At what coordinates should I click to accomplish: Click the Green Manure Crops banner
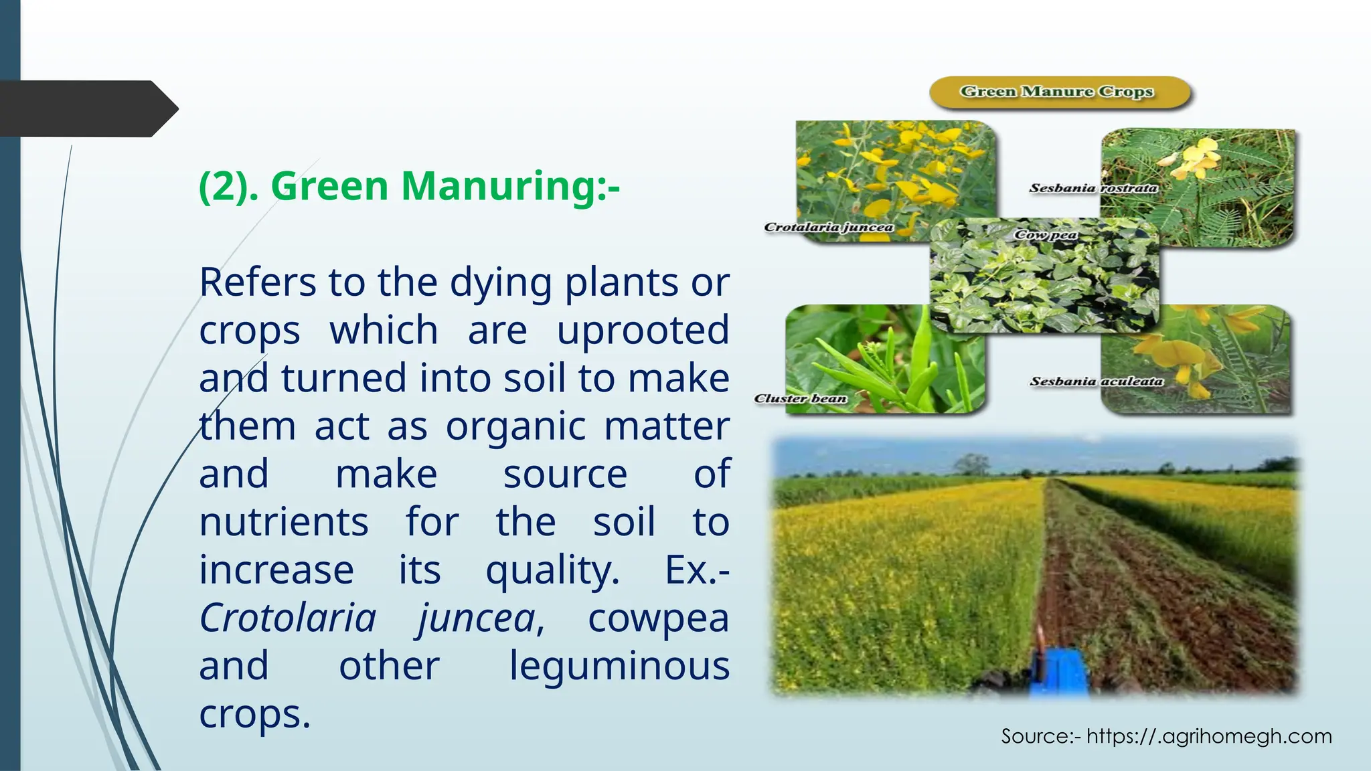1058,92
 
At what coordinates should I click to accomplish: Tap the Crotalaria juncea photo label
828,228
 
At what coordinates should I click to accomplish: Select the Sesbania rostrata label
1093,188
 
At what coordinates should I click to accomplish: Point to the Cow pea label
1046,235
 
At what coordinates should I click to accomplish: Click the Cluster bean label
801,399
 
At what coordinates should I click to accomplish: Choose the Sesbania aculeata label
1097,381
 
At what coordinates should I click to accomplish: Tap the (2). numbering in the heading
229,186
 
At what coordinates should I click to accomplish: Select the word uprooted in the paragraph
643,330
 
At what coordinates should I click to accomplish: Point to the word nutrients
284,522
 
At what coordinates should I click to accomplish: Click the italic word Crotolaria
288,618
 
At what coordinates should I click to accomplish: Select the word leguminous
619,666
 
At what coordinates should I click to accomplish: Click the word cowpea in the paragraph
658,618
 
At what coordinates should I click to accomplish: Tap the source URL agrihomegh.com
1208,736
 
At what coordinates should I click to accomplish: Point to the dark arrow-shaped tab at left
87,108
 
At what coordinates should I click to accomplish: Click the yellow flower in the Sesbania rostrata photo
1198,156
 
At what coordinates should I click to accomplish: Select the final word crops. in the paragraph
254,714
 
